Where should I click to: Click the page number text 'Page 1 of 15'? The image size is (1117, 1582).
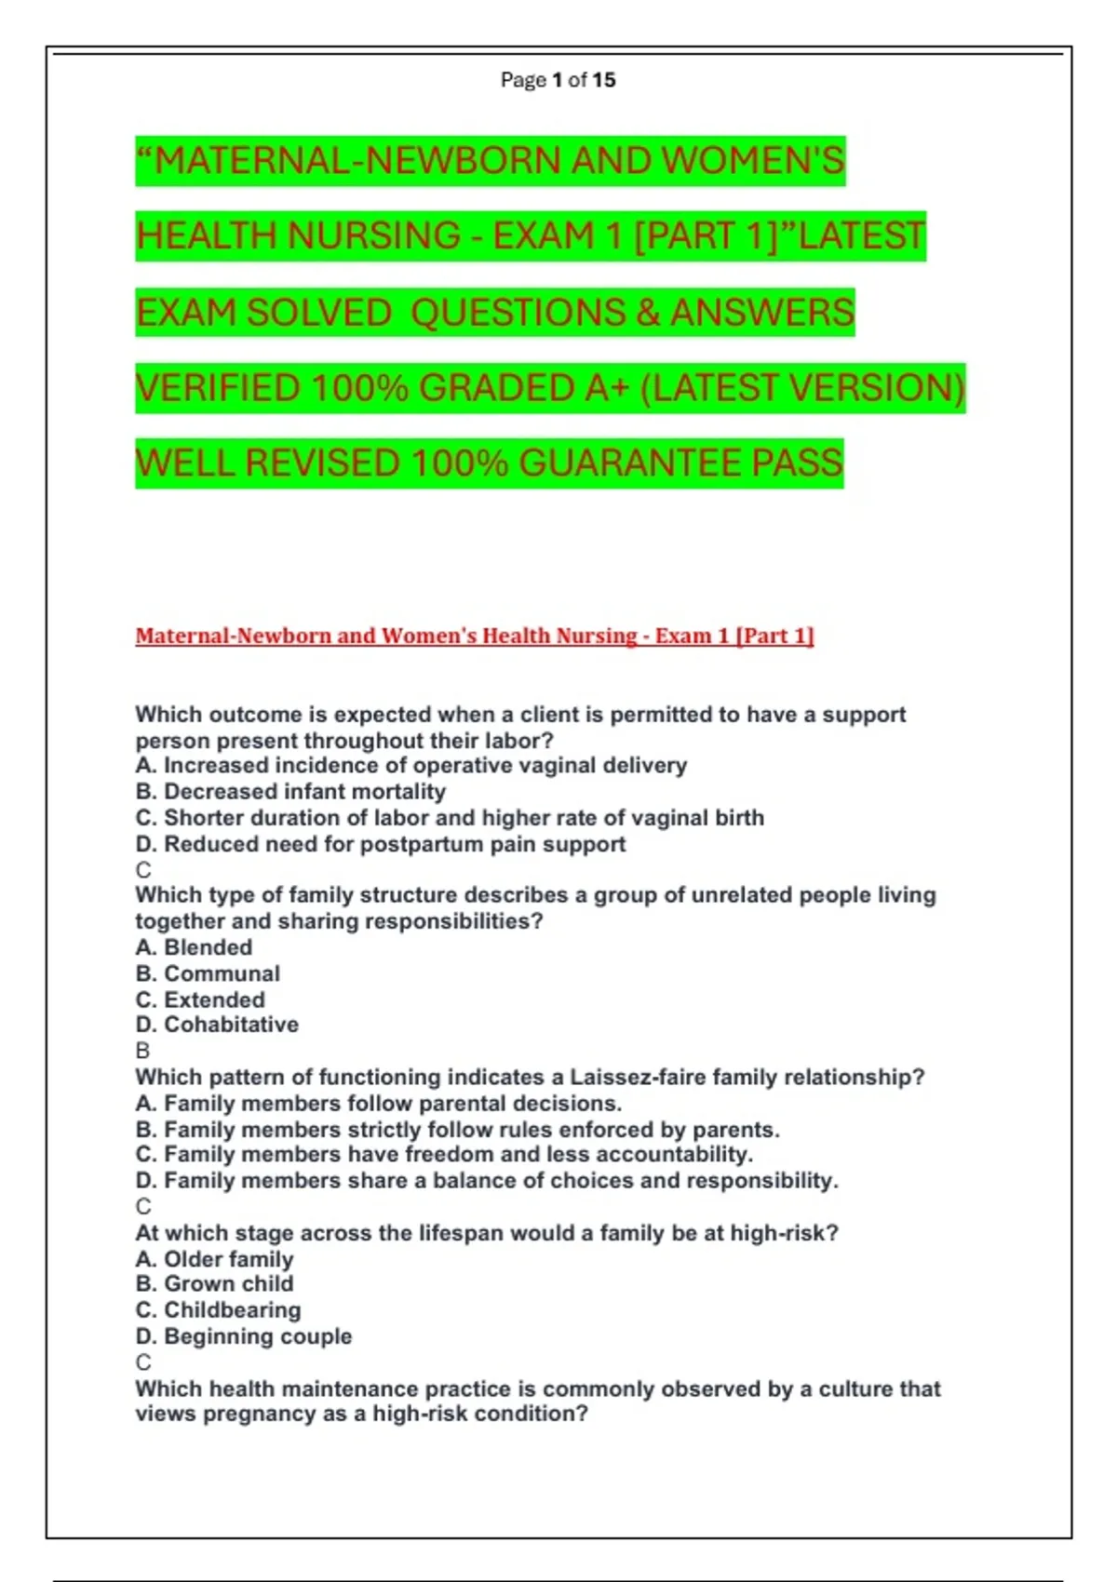(558, 80)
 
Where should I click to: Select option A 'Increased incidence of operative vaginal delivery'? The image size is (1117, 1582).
(410, 766)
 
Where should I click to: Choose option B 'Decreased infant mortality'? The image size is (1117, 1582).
(290, 792)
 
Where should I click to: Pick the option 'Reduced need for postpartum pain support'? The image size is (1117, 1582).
(381, 844)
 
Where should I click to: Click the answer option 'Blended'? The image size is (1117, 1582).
(194, 947)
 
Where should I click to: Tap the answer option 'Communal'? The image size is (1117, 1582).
(208, 973)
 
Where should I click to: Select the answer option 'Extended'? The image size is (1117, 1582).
(200, 999)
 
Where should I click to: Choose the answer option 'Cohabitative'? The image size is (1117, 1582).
(217, 1025)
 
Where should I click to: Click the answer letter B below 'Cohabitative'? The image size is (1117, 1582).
(142, 1051)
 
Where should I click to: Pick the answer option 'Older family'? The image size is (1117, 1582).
(214, 1259)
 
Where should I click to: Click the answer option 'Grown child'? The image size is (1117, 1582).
(214, 1284)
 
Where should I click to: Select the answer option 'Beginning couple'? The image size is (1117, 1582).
(244, 1336)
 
